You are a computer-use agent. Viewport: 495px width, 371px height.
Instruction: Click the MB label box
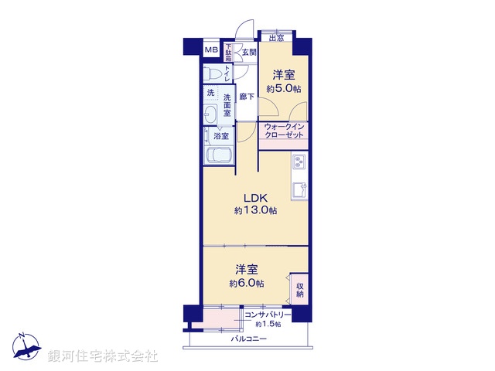(x=210, y=51)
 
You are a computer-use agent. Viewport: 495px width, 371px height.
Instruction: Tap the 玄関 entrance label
(x=248, y=52)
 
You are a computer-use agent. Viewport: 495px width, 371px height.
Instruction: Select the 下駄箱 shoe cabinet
(x=229, y=53)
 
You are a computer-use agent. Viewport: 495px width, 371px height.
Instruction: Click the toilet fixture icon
(x=213, y=73)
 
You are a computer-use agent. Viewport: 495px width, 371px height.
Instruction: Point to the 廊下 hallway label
(x=247, y=97)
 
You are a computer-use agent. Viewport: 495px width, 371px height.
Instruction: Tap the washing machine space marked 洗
(x=210, y=94)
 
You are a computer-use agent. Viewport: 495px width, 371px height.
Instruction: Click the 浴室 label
(x=221, y=136)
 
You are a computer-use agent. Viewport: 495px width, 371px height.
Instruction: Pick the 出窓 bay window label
(x=276, y=36)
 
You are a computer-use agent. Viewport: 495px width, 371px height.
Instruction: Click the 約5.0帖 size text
(x=282, y=89)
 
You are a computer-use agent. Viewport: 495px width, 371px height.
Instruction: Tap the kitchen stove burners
(x=299, y=164)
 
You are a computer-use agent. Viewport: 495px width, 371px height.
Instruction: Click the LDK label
(x=256, y=198)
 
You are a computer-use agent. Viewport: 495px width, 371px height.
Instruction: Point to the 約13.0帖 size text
(x=256, y=210)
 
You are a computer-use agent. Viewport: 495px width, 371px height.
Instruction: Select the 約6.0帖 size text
(x=246, y=284)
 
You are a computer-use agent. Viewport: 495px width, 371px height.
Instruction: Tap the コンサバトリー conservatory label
(x=268, y=315)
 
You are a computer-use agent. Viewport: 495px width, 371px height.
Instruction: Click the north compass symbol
(x=24, y=349)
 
